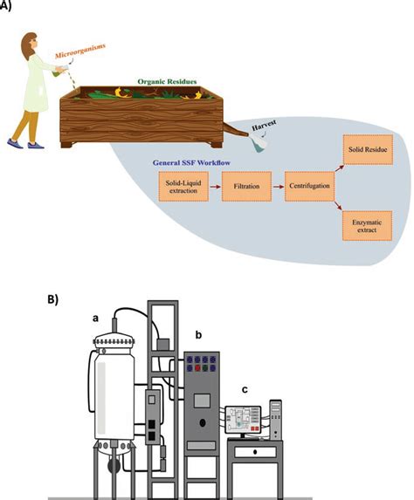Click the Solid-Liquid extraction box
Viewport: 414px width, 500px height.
(x=179, y=186)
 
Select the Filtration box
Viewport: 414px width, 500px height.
(x=245, y=186)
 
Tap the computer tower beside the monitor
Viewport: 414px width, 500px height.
(x=276, y=419)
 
